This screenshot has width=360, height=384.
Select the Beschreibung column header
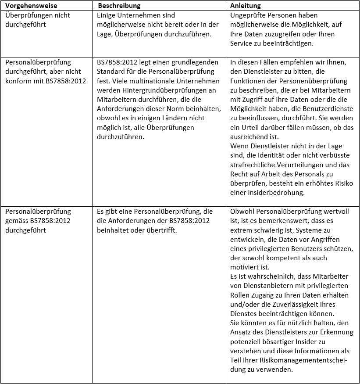tap(119, 6)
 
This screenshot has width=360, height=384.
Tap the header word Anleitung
tap(246, 6)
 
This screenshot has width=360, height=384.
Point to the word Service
tap(241, 44)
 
